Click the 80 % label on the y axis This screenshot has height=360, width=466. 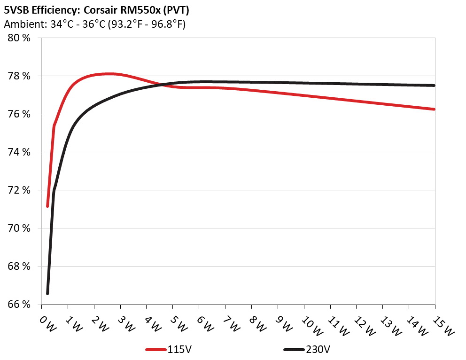click(x=19, y=38)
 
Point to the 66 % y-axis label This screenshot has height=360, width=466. click(x=19, y=305)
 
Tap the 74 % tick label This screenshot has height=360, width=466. click(x=19, y=152)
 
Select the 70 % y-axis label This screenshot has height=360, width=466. click(x=19, y=228)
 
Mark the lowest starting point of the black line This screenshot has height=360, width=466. click(x=47, y=294)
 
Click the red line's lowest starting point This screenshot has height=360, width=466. click(x=47, y=206)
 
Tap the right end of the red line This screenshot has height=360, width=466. click(x=435, y=109)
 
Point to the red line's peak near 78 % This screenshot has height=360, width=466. click(x=109, y=74)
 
